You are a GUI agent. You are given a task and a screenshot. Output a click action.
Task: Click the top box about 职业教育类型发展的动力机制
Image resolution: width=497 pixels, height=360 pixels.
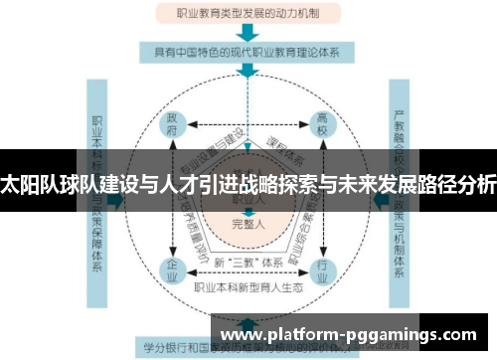[248, 15]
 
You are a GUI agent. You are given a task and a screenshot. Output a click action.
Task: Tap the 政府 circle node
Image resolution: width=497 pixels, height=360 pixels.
[172, 124]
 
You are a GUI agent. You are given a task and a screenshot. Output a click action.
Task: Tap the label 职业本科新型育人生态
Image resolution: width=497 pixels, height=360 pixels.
[248, 288]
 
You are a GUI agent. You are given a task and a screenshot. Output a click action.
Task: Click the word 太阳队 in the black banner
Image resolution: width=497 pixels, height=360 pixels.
[27, 183]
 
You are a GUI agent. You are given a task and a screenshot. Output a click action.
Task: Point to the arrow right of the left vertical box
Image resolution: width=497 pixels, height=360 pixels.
[117, 200]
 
